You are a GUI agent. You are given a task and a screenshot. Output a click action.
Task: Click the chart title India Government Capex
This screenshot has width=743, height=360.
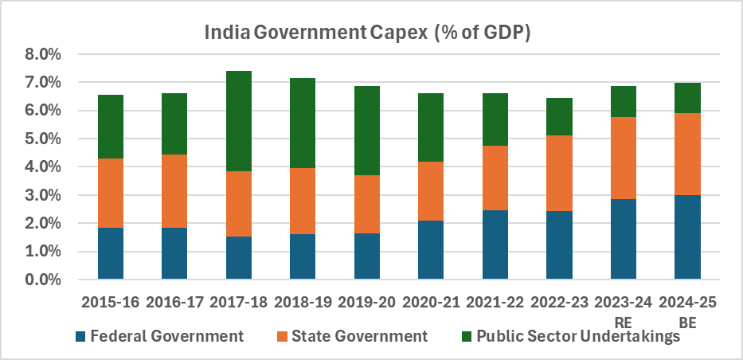click(368, 33)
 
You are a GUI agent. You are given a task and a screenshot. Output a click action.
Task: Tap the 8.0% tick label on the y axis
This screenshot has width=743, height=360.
click(43, 55)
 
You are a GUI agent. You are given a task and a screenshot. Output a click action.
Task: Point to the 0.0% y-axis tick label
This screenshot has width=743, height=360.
click(43, 280)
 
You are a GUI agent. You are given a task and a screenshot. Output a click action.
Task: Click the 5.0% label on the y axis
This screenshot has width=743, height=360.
click(43, 139)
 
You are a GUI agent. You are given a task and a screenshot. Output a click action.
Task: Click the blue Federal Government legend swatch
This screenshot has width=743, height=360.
click(81, 336)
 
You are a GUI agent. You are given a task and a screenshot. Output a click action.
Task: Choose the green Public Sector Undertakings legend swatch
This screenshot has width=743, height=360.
click(467, 336)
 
